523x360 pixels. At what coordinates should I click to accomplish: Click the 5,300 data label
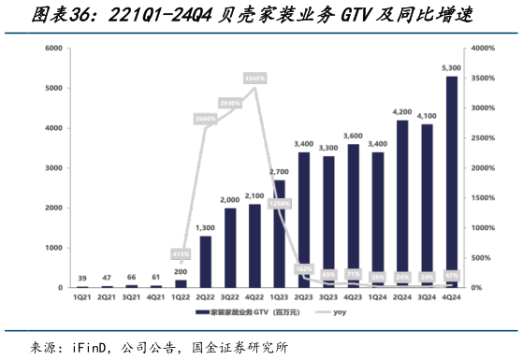tap(452, 68)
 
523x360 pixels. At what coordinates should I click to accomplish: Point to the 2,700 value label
tap(280, 172)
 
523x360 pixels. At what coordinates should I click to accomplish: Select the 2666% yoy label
tap(206, 119)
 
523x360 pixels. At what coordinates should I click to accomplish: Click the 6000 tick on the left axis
tap(51, 48)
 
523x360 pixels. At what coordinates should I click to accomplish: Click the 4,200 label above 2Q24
tap(402, 112)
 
